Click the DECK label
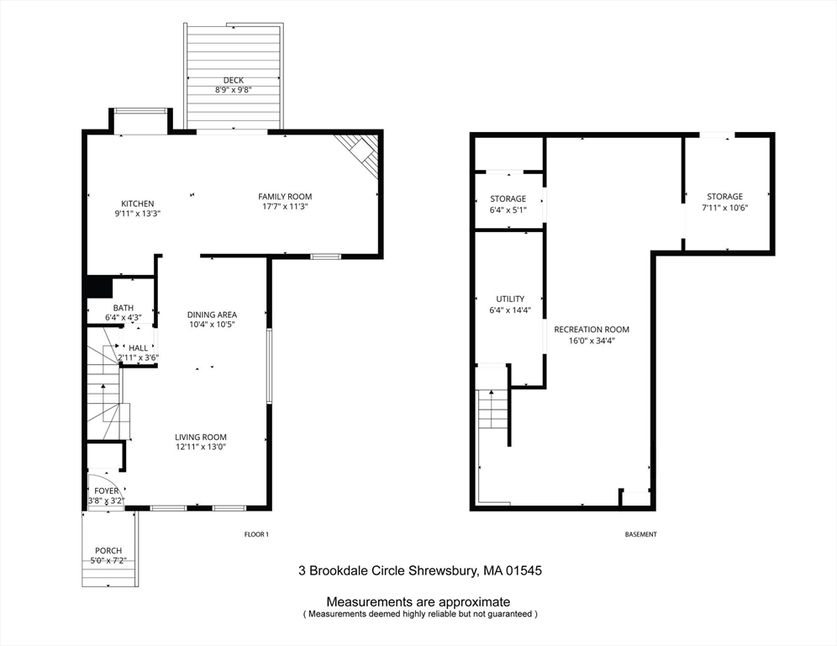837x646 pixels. [233, 80]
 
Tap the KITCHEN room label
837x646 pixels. [138, 204]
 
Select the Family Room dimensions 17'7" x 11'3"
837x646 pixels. [285, 207]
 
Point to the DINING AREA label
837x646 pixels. [212, 314]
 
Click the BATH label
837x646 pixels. [124, 307]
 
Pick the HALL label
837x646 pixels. [138, 347]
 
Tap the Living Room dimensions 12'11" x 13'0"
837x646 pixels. [201, 447]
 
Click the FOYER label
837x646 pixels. [107, 490]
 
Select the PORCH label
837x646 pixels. [108, 551]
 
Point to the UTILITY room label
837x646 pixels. [510, 299]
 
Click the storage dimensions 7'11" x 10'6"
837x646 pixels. [724, 208]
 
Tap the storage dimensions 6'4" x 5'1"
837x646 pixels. [508, 209]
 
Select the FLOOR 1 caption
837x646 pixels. [256, 535]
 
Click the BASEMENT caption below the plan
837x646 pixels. [640, 535]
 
